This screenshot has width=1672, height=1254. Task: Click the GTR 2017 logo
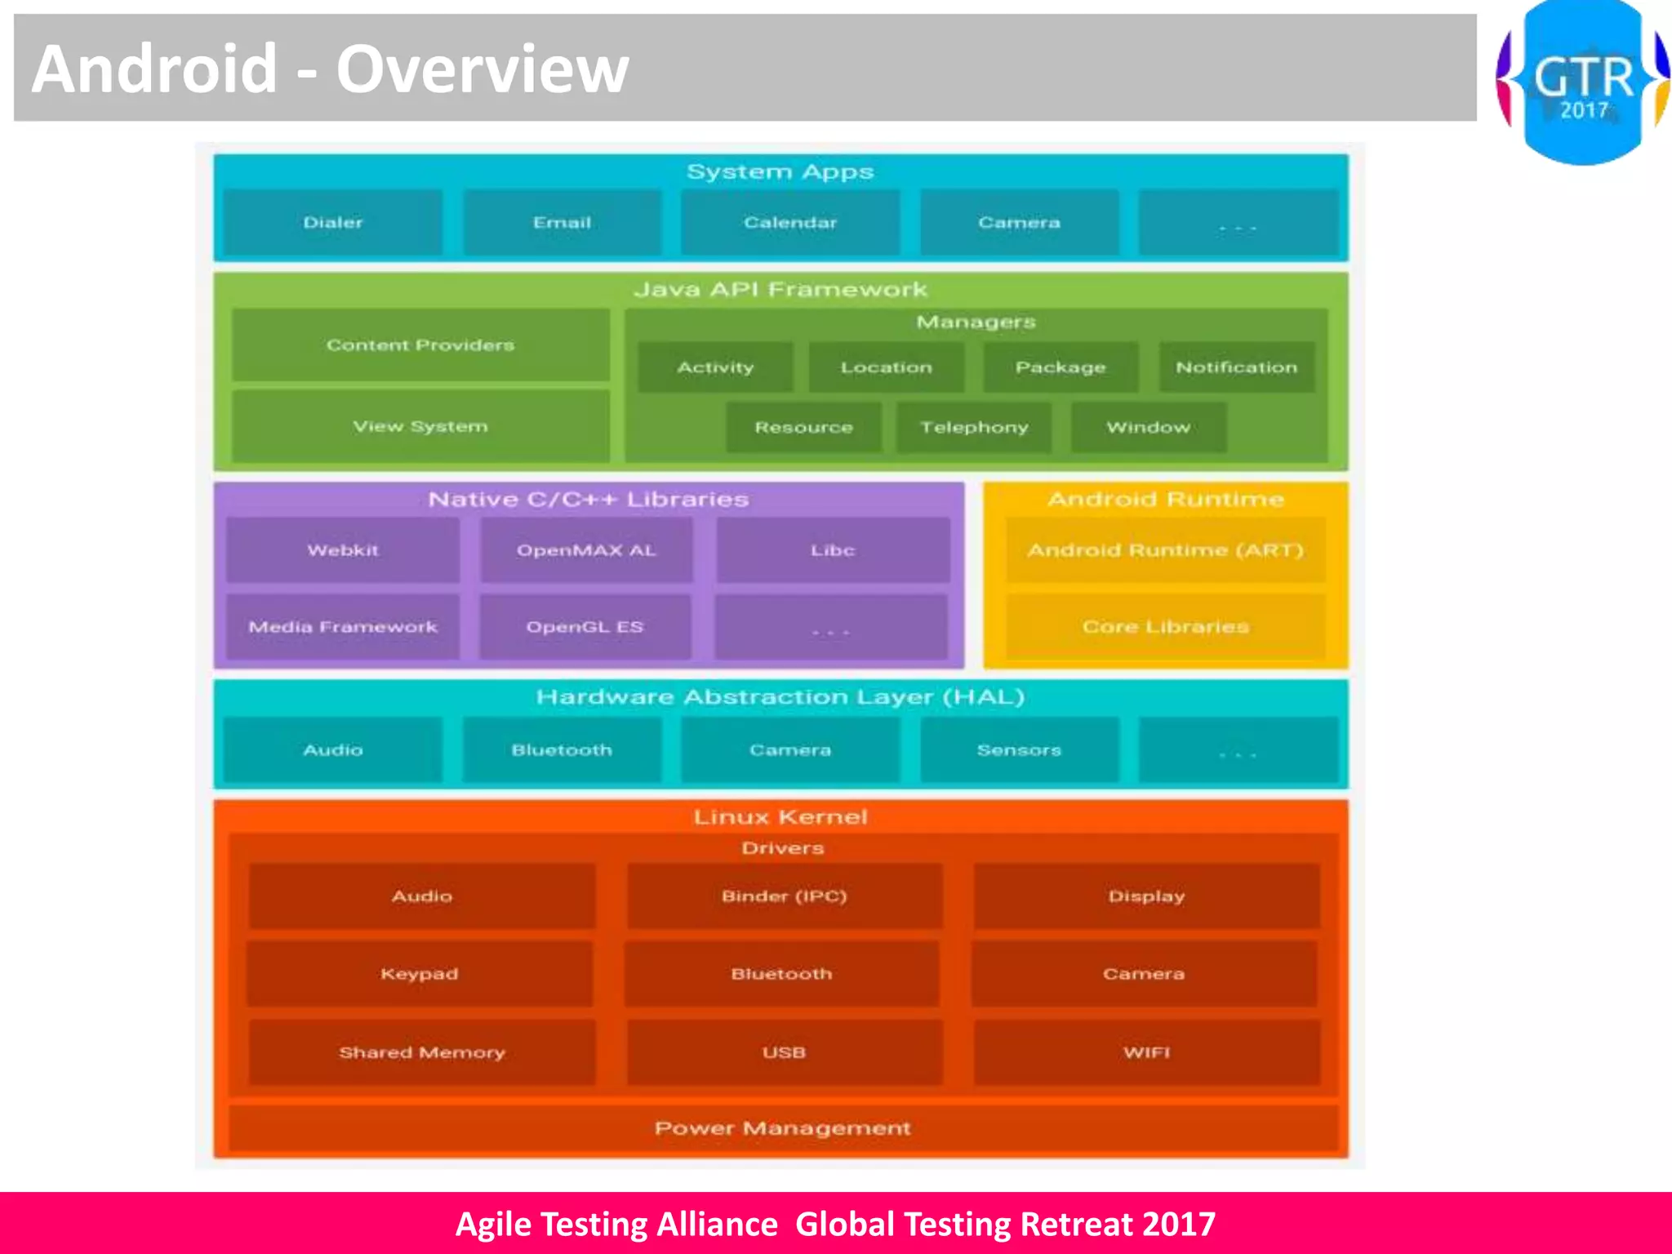1582,82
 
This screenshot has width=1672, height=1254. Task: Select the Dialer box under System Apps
332,222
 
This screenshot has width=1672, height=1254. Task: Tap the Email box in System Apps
562,222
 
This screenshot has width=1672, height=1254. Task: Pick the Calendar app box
789,222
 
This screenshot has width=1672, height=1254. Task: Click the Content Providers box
420,345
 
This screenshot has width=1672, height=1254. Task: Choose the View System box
420,426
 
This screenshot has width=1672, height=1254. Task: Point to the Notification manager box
1236,367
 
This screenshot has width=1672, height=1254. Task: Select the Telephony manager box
974,427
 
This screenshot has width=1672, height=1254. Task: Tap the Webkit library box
343,550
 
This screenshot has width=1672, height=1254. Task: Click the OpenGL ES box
585,627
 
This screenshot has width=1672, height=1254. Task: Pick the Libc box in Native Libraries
833,550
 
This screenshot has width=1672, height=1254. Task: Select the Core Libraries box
1165,627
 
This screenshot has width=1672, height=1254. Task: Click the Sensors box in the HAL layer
1019,749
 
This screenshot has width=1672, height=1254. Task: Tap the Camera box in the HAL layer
789,749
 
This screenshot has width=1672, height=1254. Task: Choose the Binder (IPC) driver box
784,896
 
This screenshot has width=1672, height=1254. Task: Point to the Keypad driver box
420,973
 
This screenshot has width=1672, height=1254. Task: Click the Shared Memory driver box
421,1052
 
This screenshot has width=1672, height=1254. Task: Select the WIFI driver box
1146,1052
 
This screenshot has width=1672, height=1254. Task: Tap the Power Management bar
782,1128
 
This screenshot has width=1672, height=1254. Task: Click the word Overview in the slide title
482,69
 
